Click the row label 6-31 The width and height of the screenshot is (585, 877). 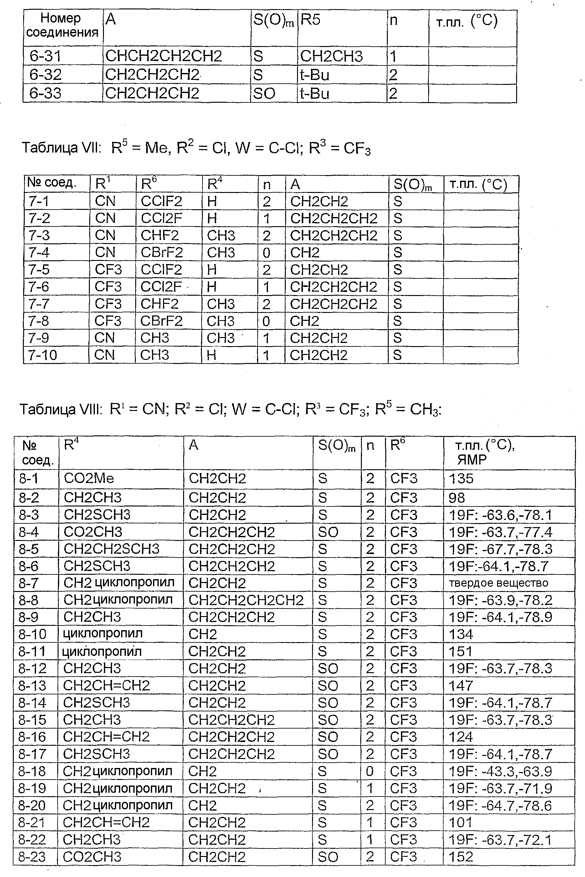click(x=45, y=56)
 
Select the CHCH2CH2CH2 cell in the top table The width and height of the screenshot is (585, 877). click(x=163, y=56)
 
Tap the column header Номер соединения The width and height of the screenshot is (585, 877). click(x=62, y=25)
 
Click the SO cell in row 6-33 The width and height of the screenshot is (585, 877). click(x=264, y=93)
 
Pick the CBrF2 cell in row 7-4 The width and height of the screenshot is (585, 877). click(x=162, y=253)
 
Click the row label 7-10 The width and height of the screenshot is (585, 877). click(x=43, y=355)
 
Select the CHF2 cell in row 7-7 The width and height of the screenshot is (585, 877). click(x=159, y=304)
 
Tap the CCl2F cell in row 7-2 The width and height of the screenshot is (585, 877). click(x=161, y=218)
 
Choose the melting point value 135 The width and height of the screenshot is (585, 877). click(x=461, y=479)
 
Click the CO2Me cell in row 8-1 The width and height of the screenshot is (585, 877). click(x=89, y=479)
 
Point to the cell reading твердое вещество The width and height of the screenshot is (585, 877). click(x=498, y=583)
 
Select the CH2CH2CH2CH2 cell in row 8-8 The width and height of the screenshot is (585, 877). click(x=246, y=600)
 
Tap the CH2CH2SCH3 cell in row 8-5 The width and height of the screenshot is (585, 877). click(x=111, y=549)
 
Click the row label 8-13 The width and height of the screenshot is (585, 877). click(x=33, y=686)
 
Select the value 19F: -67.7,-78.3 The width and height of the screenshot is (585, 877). click(x=500, y=549)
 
